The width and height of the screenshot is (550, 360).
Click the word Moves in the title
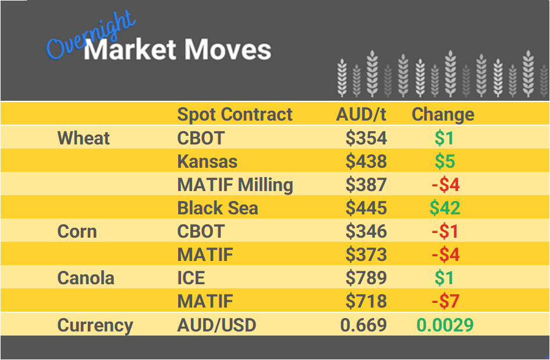click(227, 50)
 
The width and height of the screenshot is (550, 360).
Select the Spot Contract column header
click(235, 114)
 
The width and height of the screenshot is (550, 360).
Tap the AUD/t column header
click(361, 114)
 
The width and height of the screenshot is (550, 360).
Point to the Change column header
click(443, 114)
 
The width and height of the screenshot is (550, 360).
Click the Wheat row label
click(84, 138)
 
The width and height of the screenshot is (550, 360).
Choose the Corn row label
click(77, 231)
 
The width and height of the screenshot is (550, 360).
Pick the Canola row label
click(86, 278)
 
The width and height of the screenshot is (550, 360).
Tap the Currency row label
click(95, 325)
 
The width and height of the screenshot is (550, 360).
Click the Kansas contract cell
click(207, 161)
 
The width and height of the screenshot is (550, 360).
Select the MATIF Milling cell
click(235, 185)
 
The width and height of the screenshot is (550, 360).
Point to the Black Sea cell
click(218, 208)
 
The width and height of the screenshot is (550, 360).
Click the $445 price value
click(366, 208)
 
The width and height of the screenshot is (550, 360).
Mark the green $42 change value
click(445, 208)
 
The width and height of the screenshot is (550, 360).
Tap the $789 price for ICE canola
click(366, 278)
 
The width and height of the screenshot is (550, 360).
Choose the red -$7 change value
click(445, 301)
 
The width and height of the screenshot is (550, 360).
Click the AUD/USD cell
click(217, 325)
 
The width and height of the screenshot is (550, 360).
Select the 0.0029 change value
click(444, 325)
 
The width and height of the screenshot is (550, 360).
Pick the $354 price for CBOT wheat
click(366, 138)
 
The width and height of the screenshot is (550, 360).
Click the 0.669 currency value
click(364, 325)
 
